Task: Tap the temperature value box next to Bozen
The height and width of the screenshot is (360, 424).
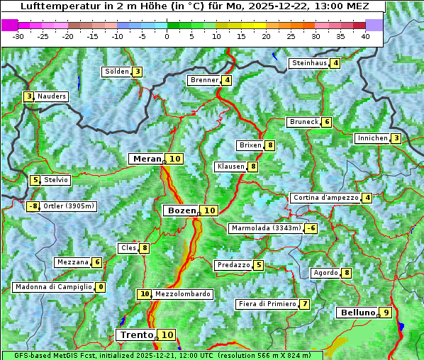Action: tap(210, 210)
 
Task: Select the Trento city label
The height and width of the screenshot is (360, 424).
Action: tap(137, 334)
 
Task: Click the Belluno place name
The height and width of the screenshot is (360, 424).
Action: tap(357, 313)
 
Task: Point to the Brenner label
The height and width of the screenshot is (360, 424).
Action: tap(204, 80)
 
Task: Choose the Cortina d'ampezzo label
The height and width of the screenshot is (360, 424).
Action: tap(325, 198)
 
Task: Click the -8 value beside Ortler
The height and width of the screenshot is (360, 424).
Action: tap(33, 206)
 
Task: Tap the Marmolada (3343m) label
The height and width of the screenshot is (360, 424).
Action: tap(266, 228)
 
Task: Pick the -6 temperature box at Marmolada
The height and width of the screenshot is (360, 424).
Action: tap(311, 228)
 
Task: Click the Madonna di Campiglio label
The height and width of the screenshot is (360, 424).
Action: tap(53, 287)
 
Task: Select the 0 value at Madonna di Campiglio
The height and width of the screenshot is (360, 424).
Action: tap(101, 287)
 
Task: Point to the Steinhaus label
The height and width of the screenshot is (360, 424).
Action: tap(309, 63)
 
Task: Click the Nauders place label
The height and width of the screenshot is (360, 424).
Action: tap(52, 96)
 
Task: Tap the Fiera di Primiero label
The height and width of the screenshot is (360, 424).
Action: tap(267, 304)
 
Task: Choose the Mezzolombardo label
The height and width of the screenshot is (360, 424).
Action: tap(182, 294)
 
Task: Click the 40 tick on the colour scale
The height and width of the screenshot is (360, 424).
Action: tap(365, 35)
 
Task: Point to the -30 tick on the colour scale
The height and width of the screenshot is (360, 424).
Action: tap(18, 35)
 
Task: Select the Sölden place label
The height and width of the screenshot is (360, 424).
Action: tap(117, 72)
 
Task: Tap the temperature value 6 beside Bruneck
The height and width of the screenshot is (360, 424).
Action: tap(326, 122)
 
